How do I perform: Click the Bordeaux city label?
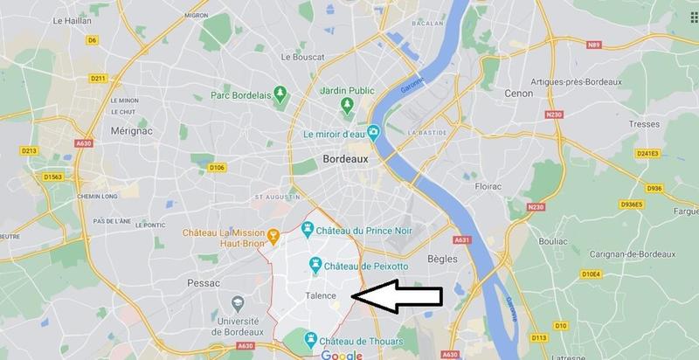[x=347, y=161]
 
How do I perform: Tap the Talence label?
[x=321, y=296]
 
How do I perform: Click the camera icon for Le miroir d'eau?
[x=374, y=133]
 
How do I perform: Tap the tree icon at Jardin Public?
[x=347, y=105]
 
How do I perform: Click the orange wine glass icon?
[x=273, y=234]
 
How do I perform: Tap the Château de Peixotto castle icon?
[x=314, y=265]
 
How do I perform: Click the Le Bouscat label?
[x=303, y=58]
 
